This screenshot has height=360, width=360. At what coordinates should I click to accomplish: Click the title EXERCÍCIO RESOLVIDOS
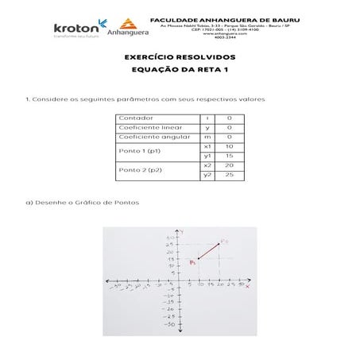pyautogui.click(x=180, y=57)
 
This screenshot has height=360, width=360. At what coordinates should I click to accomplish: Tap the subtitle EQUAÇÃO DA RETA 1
pyautogui.click(x=180, y=70)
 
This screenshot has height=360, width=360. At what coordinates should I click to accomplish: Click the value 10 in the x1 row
pyautogui.click(x=229, y=146)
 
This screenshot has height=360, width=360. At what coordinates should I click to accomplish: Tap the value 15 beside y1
pyautogui.click(x=229, y=156)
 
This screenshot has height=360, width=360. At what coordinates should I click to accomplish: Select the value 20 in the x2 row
pyautogui.click(x=229, y=165)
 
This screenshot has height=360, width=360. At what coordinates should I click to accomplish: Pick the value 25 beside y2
pyautogui.click(x=229, y=175)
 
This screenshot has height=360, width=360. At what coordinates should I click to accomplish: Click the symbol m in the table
pyautogui.click(x=207, y=137)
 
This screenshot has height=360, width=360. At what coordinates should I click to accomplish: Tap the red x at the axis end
pyautogui.click(x=247, y=287)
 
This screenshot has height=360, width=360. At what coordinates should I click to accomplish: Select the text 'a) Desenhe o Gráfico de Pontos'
pyautogui.click(x=83, y=202)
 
